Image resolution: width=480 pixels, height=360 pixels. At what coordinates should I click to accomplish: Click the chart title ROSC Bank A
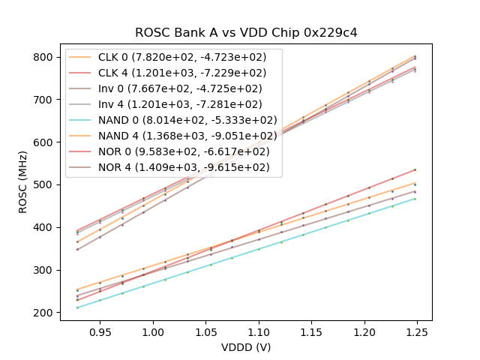pos(245,33)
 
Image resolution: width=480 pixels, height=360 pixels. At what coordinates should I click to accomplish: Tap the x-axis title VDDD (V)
pos(245,347)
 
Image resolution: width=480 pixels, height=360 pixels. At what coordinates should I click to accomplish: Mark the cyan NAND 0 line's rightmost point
pos(415,199)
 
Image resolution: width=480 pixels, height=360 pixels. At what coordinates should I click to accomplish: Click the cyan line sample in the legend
pos(82,120)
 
